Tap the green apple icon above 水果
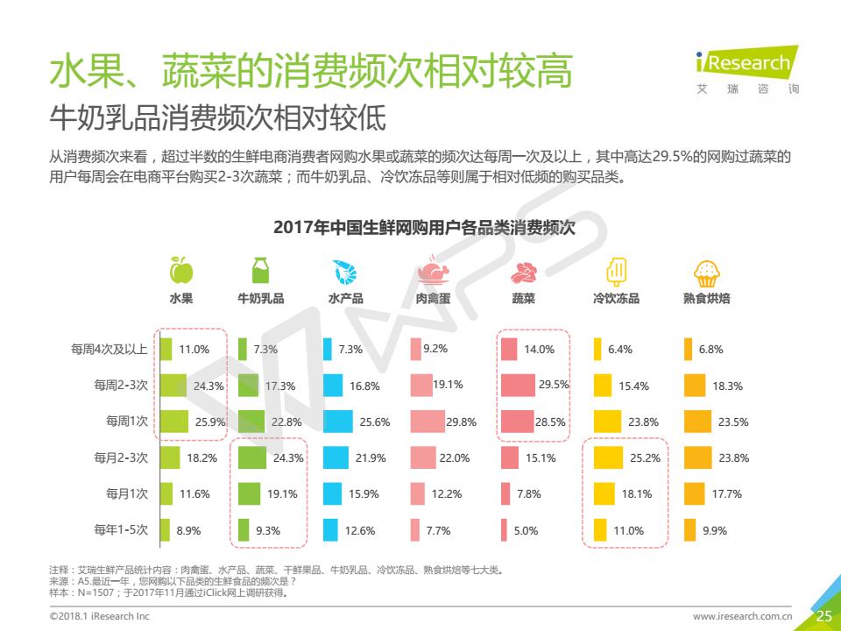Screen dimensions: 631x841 pos(180,270)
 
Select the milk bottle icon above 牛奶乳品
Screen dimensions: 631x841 pos(260,270)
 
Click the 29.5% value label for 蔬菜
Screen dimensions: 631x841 pos(554,385)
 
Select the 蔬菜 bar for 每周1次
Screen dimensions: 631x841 pos(517,422)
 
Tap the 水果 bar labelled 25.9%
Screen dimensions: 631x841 pos(173,422)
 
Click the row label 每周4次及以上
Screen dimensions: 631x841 pos(110,349)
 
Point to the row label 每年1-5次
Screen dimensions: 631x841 pos(121,529)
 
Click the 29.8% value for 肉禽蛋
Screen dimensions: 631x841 pos(461,422)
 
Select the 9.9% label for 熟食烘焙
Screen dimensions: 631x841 pos(715,530)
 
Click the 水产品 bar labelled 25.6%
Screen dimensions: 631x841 pos(337,422)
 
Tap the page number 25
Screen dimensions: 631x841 pos(824,616)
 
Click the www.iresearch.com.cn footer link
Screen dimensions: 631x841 pos(743,616)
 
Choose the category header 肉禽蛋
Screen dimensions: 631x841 pos(433,298)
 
